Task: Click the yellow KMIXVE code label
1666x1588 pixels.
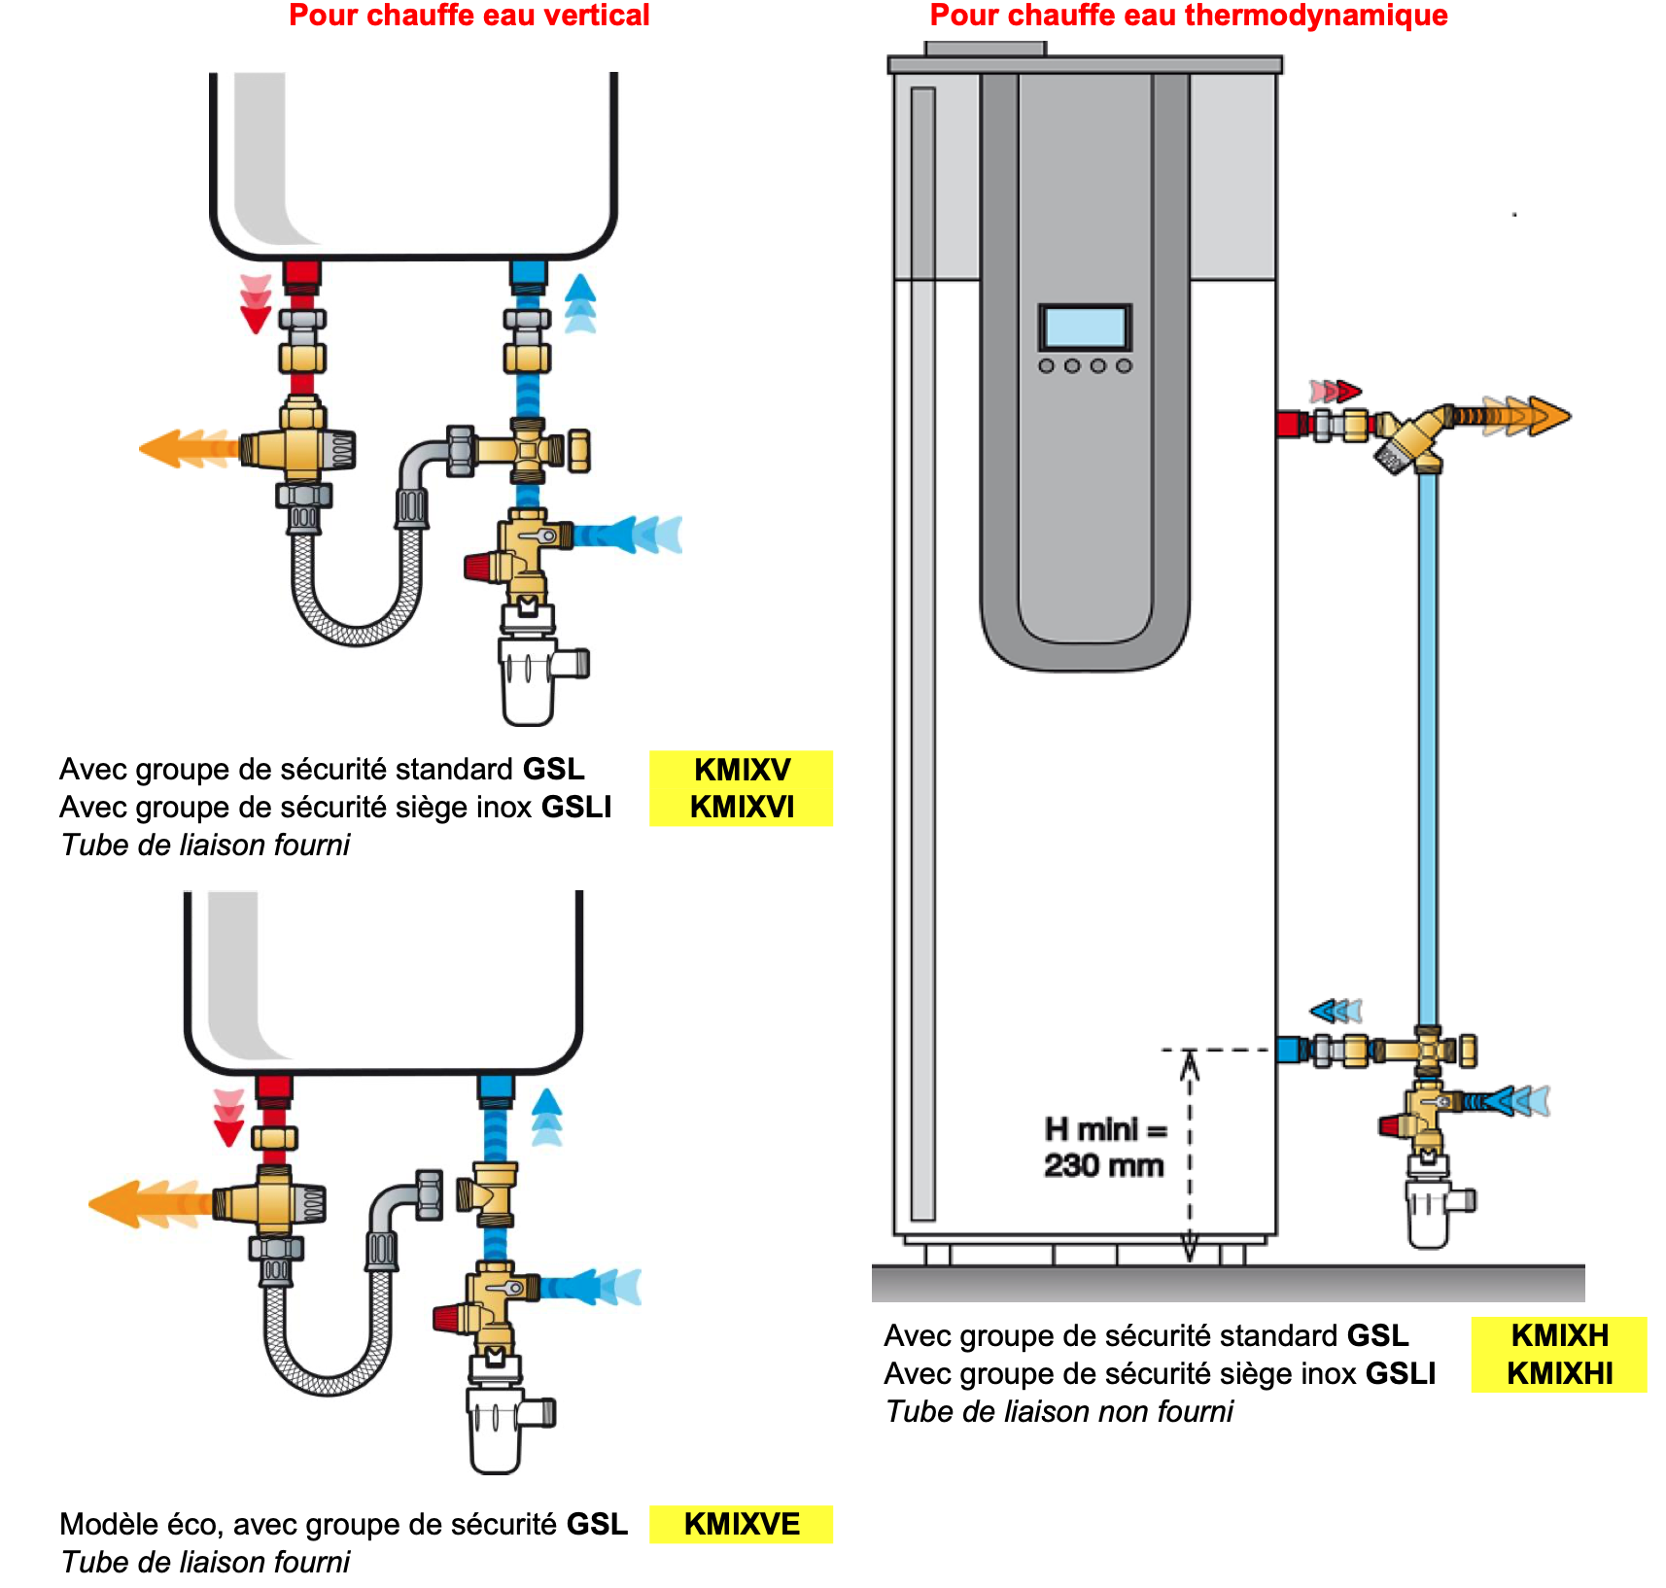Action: (741, 1524)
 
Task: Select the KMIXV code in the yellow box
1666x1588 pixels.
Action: (742, 770)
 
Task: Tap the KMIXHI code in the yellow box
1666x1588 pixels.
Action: (1559, 1373)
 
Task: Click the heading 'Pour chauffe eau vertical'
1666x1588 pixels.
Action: (469, 16)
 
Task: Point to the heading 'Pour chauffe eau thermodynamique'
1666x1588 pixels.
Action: (1188, 16)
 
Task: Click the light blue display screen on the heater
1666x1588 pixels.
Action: (1084, 327)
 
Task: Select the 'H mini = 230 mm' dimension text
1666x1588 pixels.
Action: (1104, 1148)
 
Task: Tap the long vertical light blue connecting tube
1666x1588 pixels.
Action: (1427, 748)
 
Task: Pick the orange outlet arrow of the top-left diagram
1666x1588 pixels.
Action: (185, 448)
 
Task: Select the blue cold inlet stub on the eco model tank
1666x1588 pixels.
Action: (496, 1088)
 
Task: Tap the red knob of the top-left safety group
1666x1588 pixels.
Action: (478, 567)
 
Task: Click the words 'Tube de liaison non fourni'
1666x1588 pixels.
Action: (1059, 1411)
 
